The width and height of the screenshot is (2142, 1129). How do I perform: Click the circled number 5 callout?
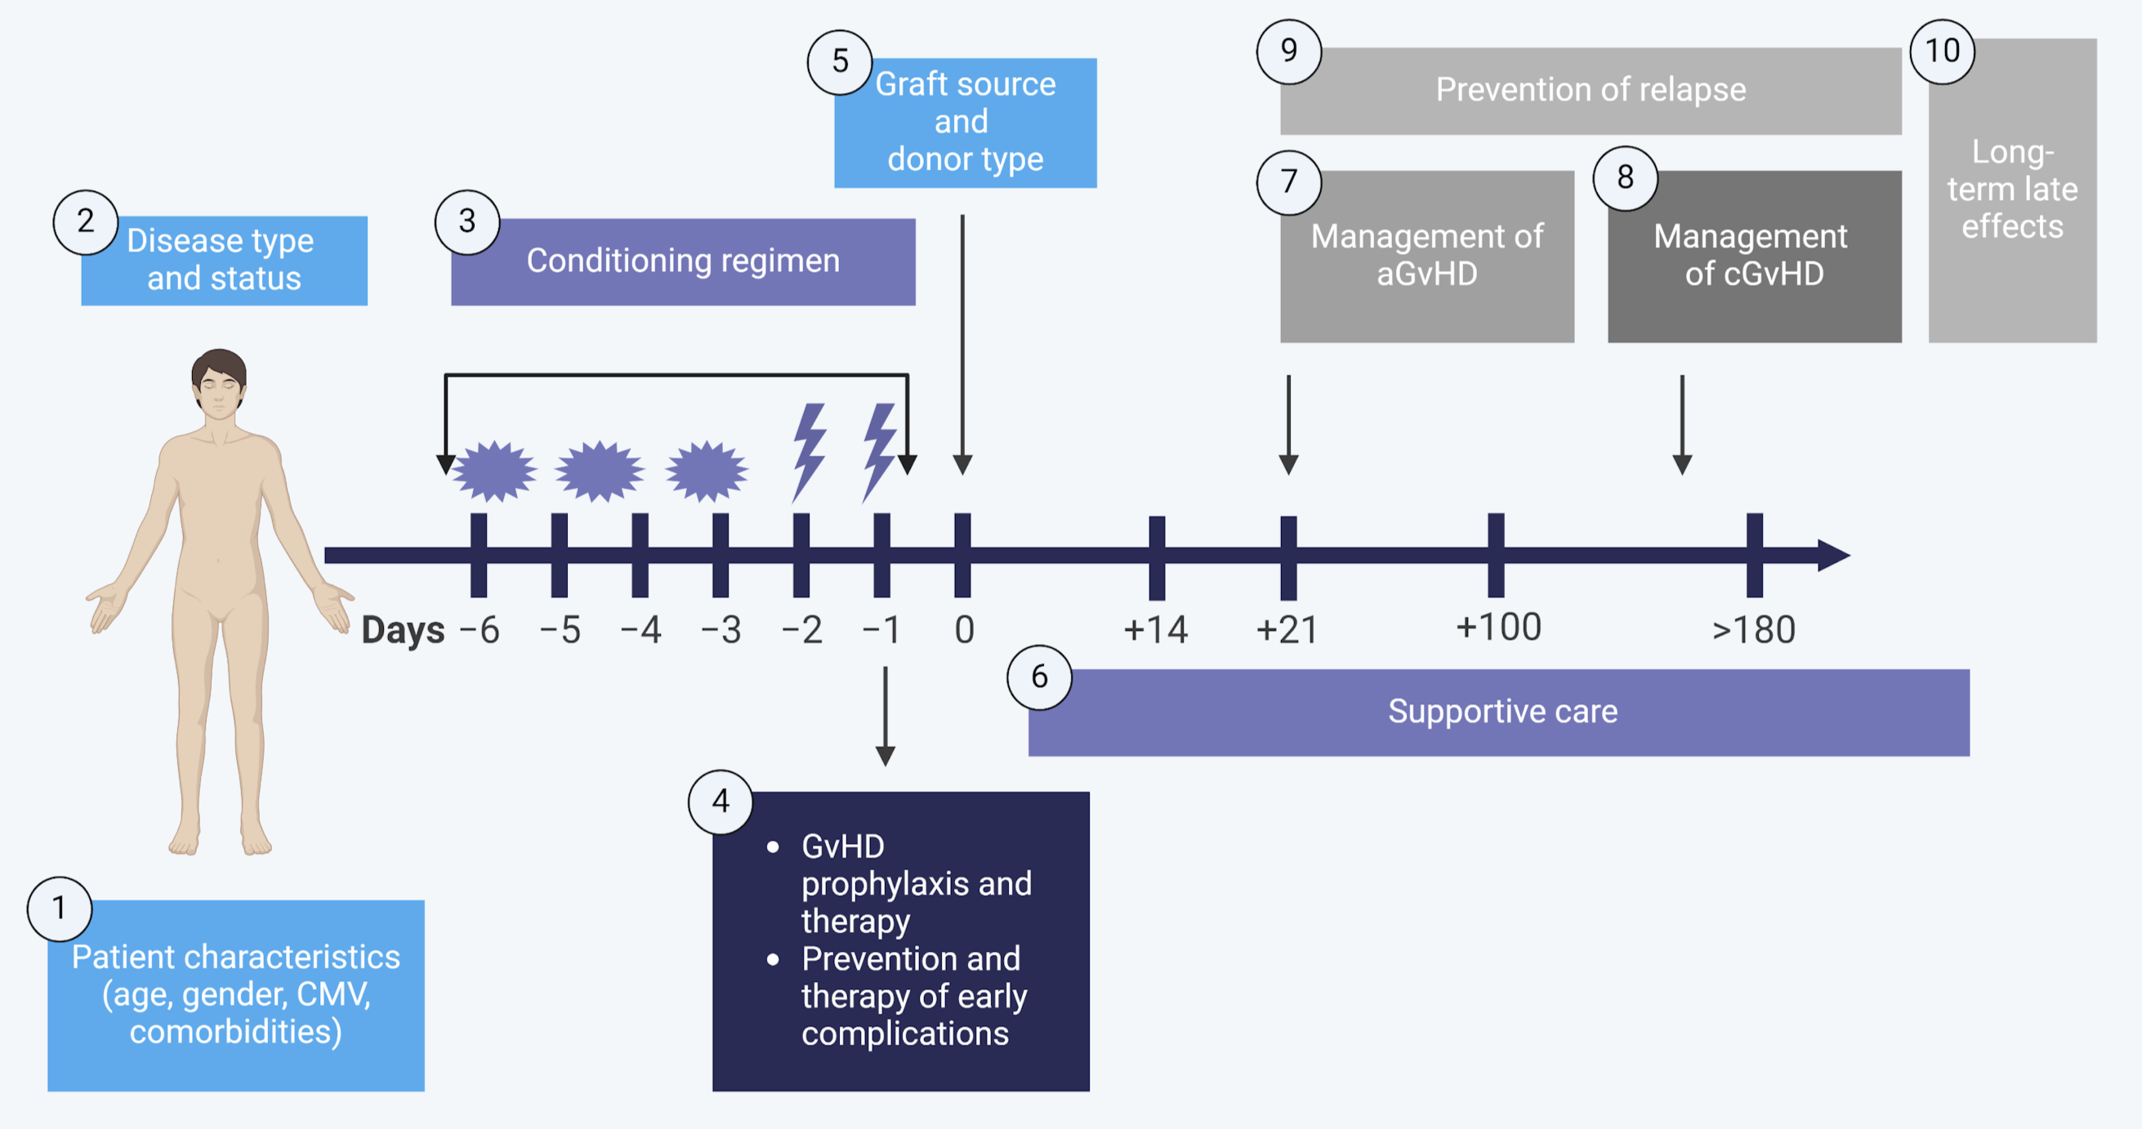point(840,62)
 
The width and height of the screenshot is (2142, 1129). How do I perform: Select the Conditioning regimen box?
point(683,262)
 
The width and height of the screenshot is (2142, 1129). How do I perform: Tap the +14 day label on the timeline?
point(1155,629)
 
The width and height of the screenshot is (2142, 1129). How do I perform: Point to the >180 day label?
point(1754,629)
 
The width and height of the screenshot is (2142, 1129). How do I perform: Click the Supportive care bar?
point(1498,712)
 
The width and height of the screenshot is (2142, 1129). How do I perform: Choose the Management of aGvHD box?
point(1427,256)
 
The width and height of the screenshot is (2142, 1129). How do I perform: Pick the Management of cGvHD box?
point(1755,256)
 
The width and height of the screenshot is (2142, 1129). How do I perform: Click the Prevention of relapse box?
point(1590,91)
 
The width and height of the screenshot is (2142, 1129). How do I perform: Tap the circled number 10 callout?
point(1943,51)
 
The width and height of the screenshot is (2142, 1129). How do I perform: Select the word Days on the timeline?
point(404,630)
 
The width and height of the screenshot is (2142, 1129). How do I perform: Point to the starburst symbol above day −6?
point(495,471)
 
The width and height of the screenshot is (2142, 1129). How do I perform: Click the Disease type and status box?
point(224,261)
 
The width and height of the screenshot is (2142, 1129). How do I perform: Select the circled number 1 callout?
point(59,908)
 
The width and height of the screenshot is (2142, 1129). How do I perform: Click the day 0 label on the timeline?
point(964,629)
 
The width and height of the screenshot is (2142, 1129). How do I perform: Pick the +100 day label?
point(1498,627)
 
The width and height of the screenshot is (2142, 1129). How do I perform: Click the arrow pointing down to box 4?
point(886,715)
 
